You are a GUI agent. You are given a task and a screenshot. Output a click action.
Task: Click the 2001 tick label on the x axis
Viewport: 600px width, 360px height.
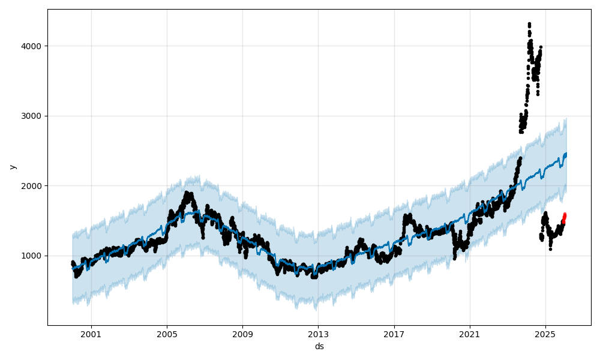pos(91,334)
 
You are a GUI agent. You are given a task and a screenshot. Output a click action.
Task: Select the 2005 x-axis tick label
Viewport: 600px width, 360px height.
pos(167,334)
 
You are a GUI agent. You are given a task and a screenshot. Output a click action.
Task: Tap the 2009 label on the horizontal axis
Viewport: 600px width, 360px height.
pos(242,334)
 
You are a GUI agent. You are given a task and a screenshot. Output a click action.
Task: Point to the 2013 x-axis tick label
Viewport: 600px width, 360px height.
pos(318,334)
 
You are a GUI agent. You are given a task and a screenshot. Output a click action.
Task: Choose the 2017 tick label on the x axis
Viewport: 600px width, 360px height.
pos(394,334)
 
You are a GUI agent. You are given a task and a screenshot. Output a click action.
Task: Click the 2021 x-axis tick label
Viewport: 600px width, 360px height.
pos(470,334)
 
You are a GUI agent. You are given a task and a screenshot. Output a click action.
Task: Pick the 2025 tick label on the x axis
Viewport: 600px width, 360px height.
pos(545,334)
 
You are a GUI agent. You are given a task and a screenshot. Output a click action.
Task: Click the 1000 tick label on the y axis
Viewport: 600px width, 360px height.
pos(32,256)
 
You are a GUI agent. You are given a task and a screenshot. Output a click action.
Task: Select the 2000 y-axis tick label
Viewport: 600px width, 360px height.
pos(32,186)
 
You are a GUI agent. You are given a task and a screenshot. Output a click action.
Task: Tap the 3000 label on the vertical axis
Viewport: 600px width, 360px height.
pos(32,116)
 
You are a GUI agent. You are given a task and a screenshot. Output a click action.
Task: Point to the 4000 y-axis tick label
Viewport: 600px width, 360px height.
pos(32,46)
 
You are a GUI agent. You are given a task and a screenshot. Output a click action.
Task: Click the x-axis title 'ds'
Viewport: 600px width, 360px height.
pos(319,346)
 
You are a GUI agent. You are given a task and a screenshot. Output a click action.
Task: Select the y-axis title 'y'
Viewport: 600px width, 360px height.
pos(12,167)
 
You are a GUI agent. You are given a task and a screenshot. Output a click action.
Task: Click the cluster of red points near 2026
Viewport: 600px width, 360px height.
pos(564,217)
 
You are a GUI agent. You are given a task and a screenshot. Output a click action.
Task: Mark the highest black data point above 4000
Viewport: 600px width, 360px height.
pos(529,24)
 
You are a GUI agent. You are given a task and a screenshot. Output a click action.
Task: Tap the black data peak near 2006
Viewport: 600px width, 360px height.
pos(187,193)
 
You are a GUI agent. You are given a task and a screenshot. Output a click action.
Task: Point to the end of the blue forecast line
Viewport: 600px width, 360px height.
pos(566,154)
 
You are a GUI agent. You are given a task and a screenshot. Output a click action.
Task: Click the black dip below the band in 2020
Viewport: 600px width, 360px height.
pos(455,258)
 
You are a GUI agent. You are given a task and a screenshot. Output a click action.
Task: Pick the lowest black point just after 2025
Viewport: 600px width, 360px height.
pos(550,248)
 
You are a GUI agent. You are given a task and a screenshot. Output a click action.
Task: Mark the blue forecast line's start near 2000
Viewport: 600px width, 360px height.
pos(73,269)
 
